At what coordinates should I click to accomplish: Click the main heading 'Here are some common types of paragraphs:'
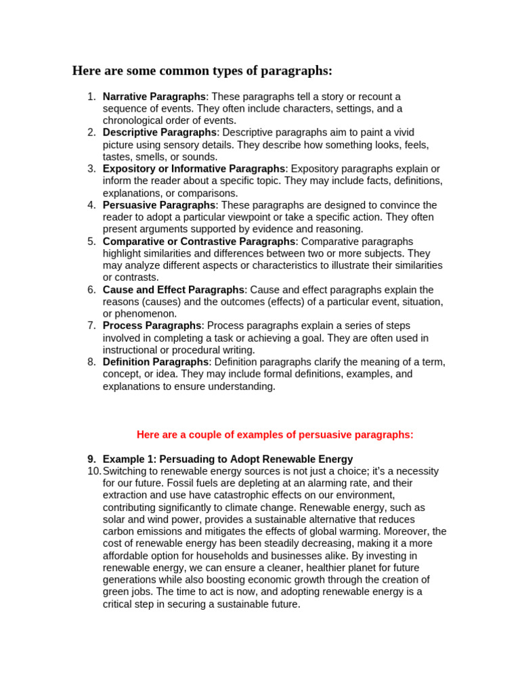202,71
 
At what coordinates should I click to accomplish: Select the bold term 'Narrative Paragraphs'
154,97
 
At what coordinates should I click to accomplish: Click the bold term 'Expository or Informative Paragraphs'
194,169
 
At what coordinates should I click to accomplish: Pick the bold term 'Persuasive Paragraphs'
159,205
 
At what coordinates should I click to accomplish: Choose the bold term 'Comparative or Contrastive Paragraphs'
199,242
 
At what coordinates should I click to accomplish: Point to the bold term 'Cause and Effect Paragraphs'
173,290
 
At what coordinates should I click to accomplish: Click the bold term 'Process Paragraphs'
152,326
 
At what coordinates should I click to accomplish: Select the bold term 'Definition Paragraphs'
156,362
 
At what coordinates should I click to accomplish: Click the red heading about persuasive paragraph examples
275,434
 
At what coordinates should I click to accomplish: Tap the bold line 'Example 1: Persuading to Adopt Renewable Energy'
227,459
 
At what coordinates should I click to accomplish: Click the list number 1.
91,97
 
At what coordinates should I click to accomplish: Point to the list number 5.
91,242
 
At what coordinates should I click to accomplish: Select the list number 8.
91,362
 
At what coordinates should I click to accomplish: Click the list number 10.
93,471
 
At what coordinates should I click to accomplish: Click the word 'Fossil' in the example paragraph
183,483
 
